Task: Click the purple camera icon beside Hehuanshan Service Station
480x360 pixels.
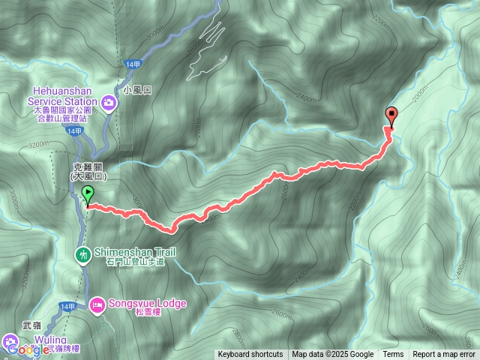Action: tap(109, 102)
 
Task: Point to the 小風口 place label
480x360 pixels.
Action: tap(137, 89)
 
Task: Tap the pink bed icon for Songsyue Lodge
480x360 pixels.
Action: tap(97, 304)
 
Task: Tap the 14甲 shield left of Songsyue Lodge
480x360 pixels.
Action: tap(67, 306)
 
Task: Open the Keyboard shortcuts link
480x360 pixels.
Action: tap(250, 355)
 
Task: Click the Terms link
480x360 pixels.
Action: tap(393, 355)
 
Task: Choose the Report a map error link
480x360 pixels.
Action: tap(444, 355)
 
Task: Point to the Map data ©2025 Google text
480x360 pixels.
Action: tap(333, 355)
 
